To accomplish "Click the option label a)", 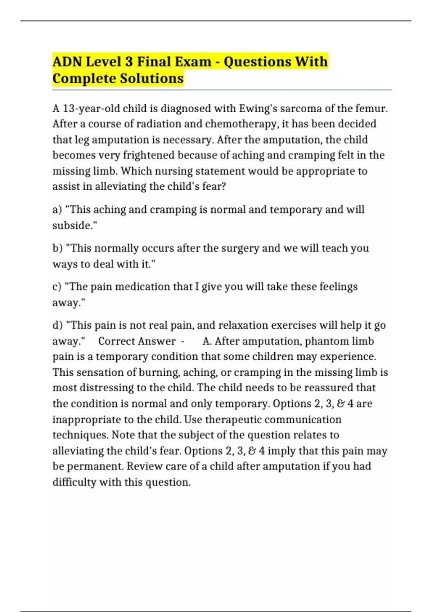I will click(x=57, y=210).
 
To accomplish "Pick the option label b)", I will click(x=58, y=248).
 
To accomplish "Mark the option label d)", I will click(x=58, y=325).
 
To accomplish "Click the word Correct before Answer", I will click(x=117, y=341).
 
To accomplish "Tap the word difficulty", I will click(x=74, y=482).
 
